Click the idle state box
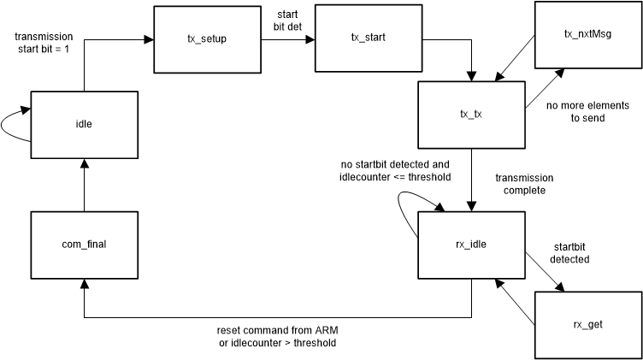(84, 124)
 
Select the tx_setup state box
(208, 39)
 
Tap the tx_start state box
(369, 39)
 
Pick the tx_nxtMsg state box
(588, 34)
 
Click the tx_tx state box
(471, 115)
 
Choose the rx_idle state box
(471, 245)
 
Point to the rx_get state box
(588, 325)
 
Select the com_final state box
(84, 245)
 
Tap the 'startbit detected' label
(569, 251)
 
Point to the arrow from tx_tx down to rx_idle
(471, 180)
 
